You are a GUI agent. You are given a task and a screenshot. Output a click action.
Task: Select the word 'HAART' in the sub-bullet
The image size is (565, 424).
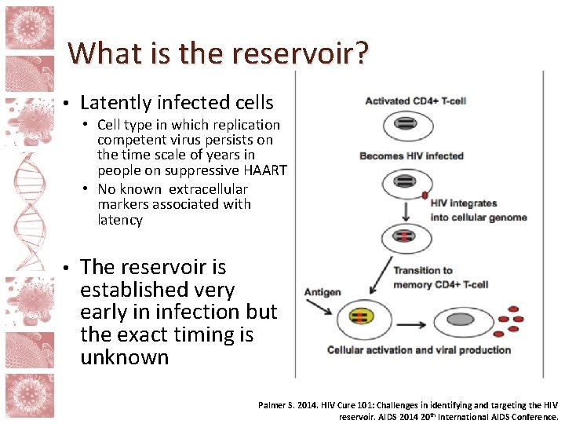click(x=264, y=170)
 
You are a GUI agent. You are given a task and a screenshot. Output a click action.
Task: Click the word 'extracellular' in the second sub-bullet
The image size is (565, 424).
click(x=208, y=189)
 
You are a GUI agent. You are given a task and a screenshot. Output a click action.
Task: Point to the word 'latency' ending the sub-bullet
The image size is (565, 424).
click(x=120, y=220)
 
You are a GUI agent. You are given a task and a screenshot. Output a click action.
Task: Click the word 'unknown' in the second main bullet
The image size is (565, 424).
click(x=124, y=357)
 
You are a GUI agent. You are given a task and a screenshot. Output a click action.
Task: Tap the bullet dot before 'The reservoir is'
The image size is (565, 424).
click(x=68, y=268)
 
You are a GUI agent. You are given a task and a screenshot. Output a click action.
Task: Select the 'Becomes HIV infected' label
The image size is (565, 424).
click(x=411, y=156)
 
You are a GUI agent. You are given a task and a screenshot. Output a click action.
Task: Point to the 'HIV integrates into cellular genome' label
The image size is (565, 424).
click(x=478, y=210)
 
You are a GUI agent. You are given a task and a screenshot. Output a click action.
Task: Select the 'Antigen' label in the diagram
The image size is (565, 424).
click(x=323, y=292)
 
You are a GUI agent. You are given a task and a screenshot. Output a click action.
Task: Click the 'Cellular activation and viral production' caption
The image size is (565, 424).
click(x=418, y=350)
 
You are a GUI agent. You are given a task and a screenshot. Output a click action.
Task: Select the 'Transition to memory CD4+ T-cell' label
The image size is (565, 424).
click(x=433, y=277)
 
